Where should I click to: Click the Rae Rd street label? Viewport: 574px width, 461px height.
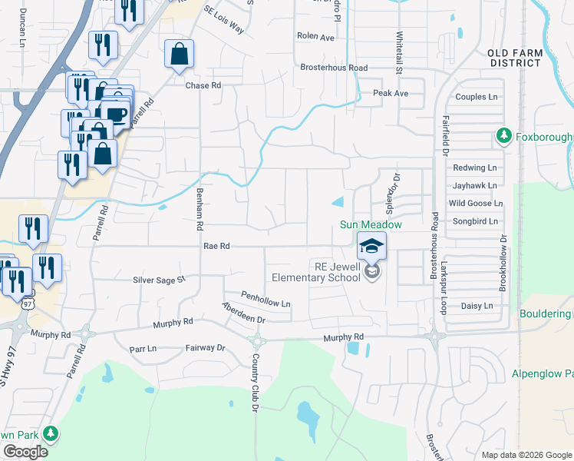tap(217, 246)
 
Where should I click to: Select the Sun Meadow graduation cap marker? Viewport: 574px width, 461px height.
tap(371, 246)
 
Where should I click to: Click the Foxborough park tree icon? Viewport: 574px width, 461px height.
tap(503, 137)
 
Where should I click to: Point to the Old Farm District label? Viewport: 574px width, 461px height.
tap(515, 57)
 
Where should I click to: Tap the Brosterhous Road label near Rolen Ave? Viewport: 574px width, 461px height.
tap(334, 68)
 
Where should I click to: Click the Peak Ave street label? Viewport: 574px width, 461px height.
tap(391, 93)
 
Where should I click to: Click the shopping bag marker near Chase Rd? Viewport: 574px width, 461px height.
tap(179, 55)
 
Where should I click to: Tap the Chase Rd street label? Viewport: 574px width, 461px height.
tap(203, 85)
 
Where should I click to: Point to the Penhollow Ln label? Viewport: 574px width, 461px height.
tap(266, 299)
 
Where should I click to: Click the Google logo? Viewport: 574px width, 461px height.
tap(25, 452)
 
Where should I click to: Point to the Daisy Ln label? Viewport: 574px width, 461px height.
tap(477, 306)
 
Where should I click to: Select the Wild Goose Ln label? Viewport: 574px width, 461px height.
tap(476, 203)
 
